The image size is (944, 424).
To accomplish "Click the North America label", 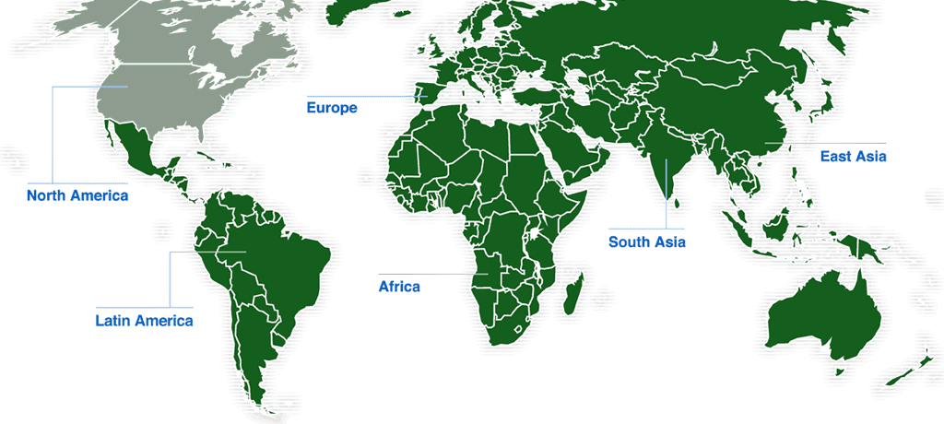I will click(77, 195).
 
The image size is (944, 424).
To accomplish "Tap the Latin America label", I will click(144, 322).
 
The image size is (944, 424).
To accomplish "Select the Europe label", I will click(331, 108).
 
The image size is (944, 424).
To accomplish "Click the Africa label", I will click(399, 287).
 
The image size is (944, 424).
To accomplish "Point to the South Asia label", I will click(646, 243).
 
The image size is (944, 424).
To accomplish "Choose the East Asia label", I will click(853, 157).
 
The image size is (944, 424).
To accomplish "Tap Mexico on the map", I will click(138, 157).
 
